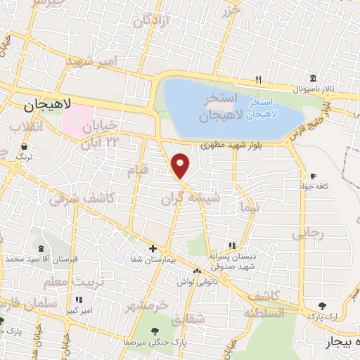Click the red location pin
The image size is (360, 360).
(x=181, y=165)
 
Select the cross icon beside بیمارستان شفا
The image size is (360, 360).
(x=153, y=248)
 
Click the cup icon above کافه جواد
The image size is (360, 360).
(x=313, y=176)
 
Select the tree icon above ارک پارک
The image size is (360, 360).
(x=322, y=306)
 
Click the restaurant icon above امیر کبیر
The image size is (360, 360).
(x=79, y=300)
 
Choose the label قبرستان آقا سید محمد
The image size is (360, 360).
(x=41, y=259)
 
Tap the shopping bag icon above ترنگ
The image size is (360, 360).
(x=25, y=147)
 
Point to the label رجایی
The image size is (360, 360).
(x=309, y=233)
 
